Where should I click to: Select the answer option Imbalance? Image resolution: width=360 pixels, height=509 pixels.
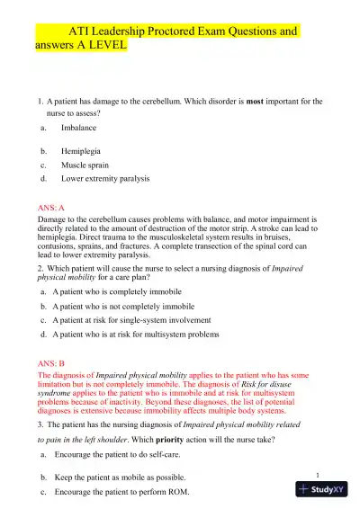(x=78, y=129)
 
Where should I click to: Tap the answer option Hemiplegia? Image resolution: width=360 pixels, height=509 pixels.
(x=82, y=150)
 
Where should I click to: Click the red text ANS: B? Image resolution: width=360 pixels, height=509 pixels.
(x=48, y=361)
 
